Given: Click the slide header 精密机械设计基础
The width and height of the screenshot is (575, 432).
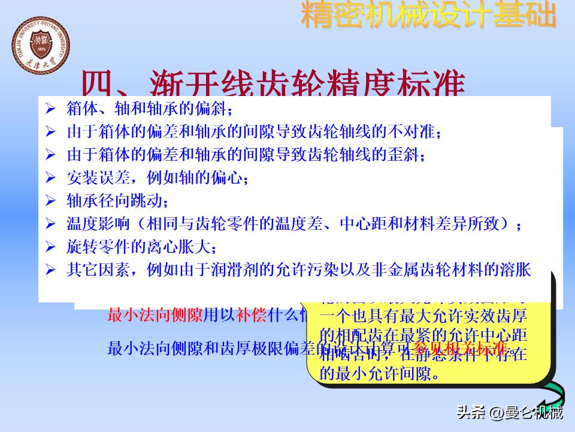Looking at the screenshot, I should click(x=428, y=16).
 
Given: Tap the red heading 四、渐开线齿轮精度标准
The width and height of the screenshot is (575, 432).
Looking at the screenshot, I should click(x=273, y=84).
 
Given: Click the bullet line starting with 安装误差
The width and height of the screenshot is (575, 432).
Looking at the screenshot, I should click(x=158, y=178).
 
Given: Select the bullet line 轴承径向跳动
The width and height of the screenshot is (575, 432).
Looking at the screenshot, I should click(x=117, y=200).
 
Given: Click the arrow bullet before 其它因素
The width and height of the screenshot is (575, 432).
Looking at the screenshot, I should click(x=50, y=269).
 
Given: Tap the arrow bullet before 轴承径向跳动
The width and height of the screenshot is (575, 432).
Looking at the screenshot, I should click(x=50, y=200).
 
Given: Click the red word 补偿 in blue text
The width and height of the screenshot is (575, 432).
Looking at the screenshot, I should click(x=252, y=314).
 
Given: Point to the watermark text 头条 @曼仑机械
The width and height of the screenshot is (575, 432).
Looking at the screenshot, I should click(x=509, y=413).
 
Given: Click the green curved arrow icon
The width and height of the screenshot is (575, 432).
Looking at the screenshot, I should click(x=553, y=395).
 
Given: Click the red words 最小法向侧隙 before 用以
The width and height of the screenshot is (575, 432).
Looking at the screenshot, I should click(x=155, y=314).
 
